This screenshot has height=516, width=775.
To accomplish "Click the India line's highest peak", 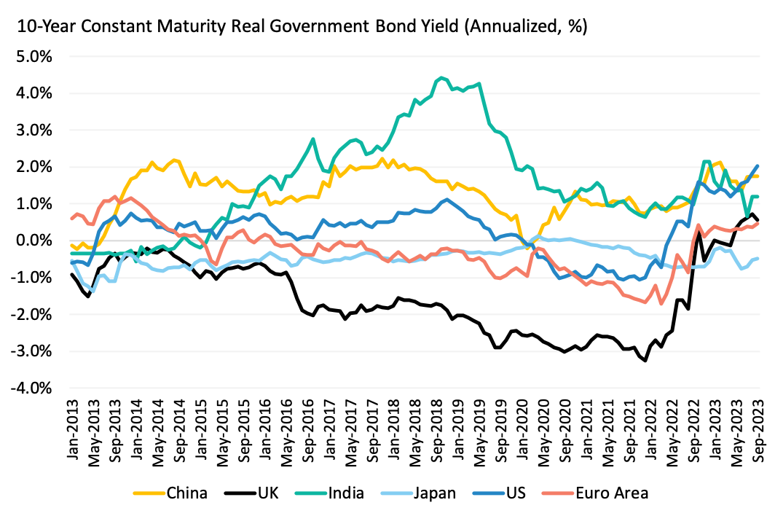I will pos(441,78).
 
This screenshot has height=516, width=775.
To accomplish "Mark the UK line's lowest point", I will pos(645,360).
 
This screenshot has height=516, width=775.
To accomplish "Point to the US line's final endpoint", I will pos(758,166).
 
